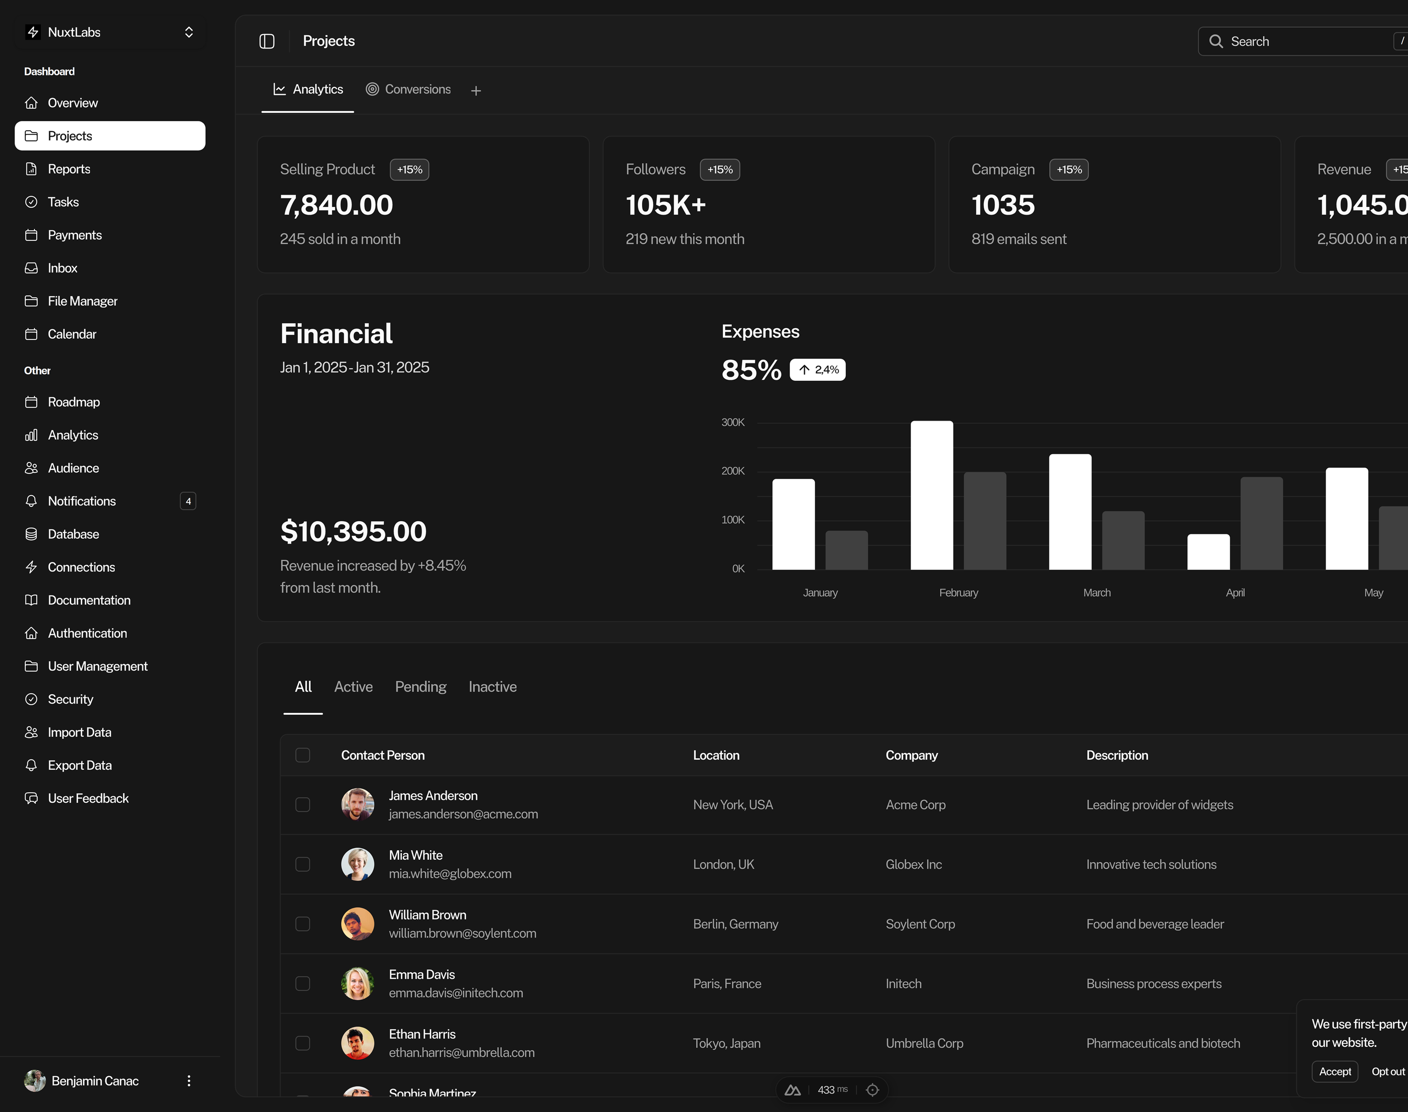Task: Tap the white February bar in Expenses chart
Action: click(932, 495)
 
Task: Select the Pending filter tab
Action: click(421, 687)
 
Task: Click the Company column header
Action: click(911, 755)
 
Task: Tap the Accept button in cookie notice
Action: click(1335, 1072)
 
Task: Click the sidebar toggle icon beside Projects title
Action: click(267, 41)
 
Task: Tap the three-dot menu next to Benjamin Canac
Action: click(189, 1081)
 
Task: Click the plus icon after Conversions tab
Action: click(476, 90)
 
